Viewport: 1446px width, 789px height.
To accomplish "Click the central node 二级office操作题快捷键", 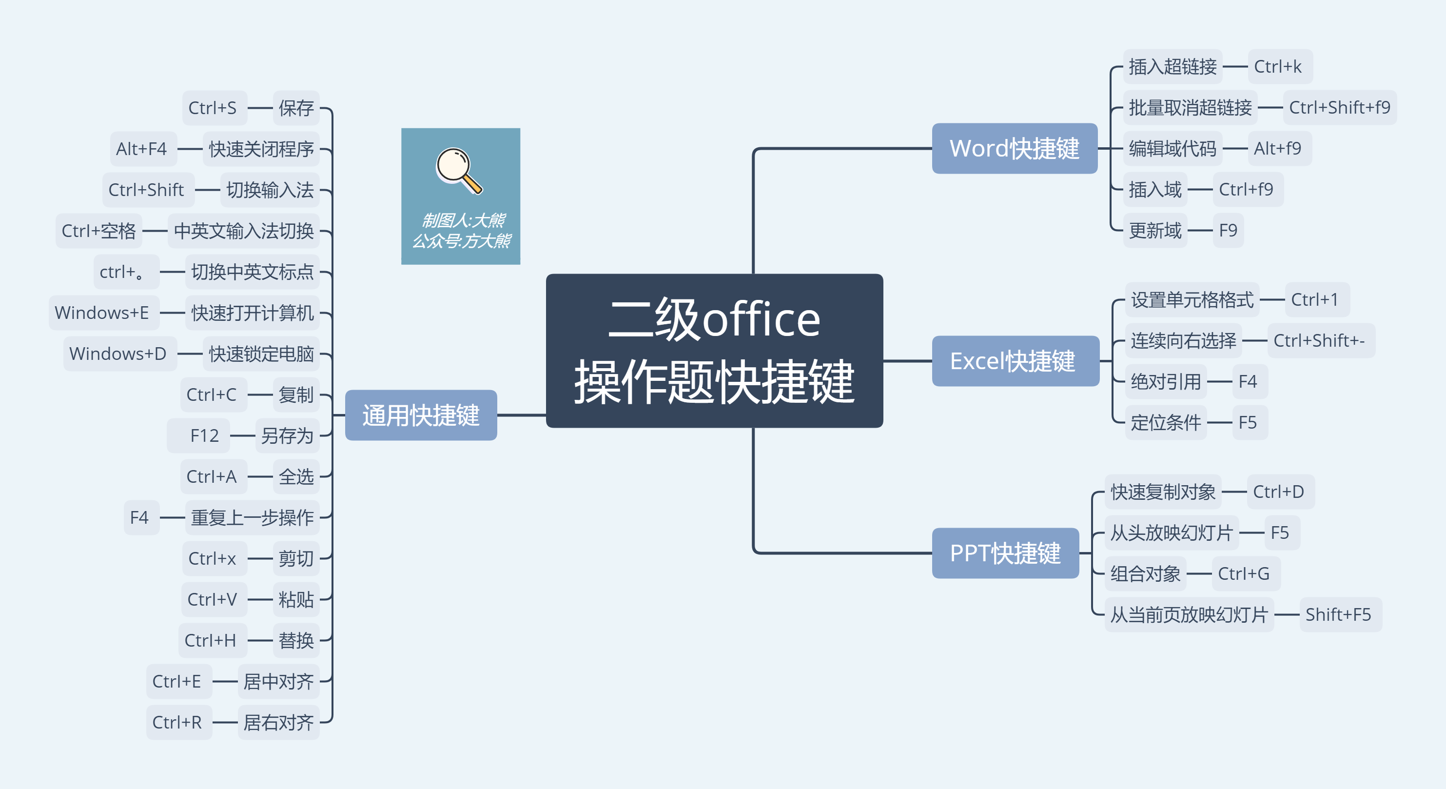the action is click(x=714, y=351).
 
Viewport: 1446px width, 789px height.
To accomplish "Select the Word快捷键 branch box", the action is click(x=1014, y=148).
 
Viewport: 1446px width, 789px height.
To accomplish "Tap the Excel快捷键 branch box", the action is click(x=1014, y=360).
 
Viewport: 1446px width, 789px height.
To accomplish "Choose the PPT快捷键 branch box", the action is click(x=1005, y=552).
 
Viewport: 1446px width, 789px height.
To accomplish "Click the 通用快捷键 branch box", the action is click(x=420, y=415).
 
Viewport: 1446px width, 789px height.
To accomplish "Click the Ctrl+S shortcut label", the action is click(x=213, y=108).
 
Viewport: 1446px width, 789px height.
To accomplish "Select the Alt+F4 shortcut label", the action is click(x=141, y=149).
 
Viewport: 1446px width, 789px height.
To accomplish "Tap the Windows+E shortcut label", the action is click(x=102, y=312).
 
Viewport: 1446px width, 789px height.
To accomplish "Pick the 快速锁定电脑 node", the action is click(x=261, y=353).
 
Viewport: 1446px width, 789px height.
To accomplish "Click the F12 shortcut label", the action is click(x=204, y=435).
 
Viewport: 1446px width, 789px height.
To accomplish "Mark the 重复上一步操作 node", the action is click(x=252, y=517).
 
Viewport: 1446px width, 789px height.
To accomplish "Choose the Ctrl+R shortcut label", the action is click(x=177, y=722).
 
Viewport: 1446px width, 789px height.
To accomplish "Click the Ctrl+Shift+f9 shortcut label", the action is click(x=1339, y=107).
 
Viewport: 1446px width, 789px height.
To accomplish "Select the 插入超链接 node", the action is click(x=1172, y=66).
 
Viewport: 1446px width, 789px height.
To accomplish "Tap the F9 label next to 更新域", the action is click(x=1228, y=230).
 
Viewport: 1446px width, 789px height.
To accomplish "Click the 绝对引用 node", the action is click(x=1165, y=381).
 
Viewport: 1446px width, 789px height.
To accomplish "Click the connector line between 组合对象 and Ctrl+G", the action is click(x=1199, y=573).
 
